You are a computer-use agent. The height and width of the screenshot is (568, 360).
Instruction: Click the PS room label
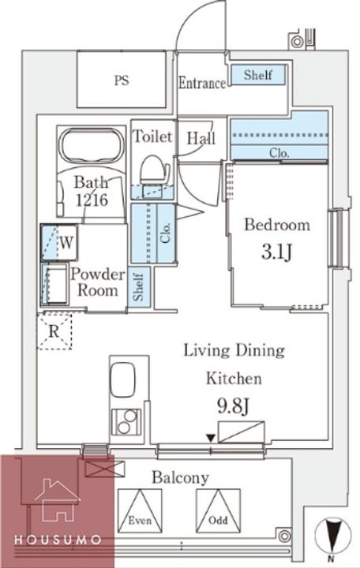pos(122,80)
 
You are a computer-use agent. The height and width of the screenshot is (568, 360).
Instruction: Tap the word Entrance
pos(202,83)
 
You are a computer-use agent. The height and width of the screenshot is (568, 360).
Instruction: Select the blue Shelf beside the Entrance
pos(258,75)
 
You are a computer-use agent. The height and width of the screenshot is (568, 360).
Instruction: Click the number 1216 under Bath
pos(92,200)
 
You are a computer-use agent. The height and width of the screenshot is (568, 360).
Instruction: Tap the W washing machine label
pos(66,242)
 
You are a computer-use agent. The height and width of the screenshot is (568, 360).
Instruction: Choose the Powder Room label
pos(98,282)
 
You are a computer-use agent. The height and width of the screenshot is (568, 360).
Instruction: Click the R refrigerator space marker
pos(54,331)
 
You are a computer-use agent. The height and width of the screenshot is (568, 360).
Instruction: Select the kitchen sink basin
pos(122,380)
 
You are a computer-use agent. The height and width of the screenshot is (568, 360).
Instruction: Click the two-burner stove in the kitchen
pos(126,421)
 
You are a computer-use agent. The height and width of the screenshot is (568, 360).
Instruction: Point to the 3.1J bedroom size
pos(276,252)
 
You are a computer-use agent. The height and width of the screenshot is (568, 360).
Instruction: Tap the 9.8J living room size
pos(233,406)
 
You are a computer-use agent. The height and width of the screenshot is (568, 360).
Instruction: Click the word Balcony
pos(180,477)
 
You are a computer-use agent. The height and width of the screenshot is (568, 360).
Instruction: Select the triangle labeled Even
pos(140,510)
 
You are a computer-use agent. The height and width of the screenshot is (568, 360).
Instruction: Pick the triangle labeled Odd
pos(218,510)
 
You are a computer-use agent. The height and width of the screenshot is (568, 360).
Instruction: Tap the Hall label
pos(201,138)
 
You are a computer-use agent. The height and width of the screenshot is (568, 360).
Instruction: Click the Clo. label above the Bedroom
pos(279,153)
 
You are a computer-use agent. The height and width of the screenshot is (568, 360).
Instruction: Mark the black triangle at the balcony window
pos(211,439)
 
